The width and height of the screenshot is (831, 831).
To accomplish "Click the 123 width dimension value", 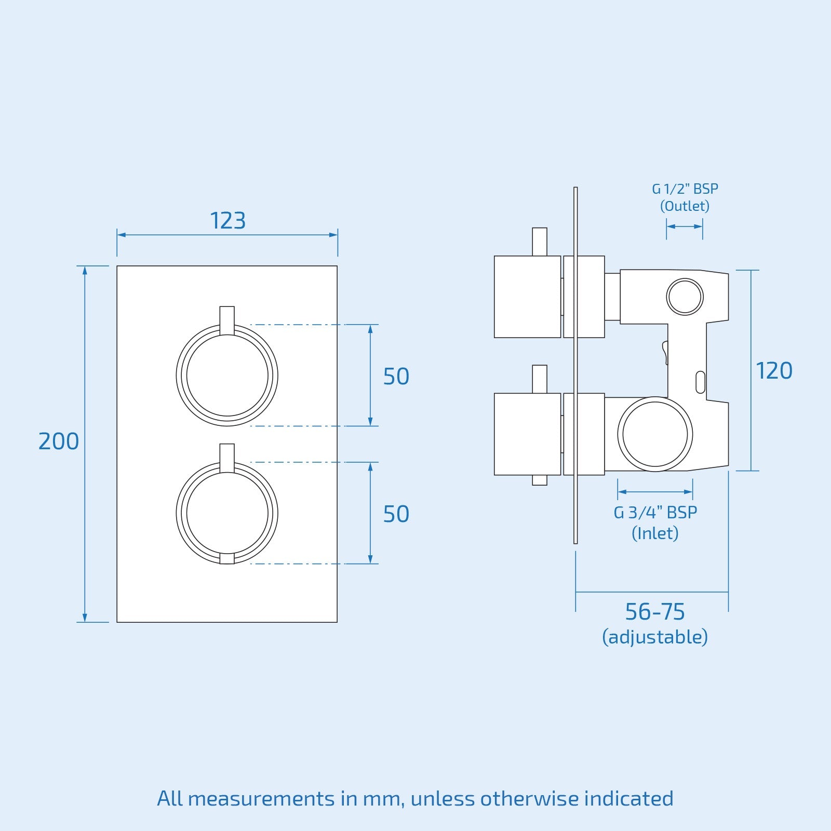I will point(227,221).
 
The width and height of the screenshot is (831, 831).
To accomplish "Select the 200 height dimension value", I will point(59,441).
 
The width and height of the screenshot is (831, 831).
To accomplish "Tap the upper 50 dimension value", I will point(396,377).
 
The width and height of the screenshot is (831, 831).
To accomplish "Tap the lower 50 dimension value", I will point(396,514).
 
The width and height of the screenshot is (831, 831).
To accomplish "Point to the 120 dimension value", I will point(774,371).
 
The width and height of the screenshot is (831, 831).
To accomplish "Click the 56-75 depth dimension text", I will point(655,612).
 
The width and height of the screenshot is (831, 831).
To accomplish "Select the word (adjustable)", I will point(655,637).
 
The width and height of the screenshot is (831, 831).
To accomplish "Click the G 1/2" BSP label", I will point(685,189).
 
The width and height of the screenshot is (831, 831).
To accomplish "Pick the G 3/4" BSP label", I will point(655,513).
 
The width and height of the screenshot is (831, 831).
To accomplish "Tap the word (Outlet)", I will point(685,206).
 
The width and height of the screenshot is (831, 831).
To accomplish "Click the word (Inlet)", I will point(655,533).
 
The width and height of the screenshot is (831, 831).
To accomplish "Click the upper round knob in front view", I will point(227,376).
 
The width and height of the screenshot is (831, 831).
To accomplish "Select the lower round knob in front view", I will point(227,513).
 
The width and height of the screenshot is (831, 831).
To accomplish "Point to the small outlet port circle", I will point(685,297).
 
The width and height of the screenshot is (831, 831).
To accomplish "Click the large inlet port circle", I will point(655,434).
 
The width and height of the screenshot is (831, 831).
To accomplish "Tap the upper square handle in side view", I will point(527,297).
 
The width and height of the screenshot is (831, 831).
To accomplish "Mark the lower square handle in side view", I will point(527,434).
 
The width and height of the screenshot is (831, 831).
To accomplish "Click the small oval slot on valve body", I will point(700,382).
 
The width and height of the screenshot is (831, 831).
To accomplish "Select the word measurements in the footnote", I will point(261,799).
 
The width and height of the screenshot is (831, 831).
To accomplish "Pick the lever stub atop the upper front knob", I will point(227,319).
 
